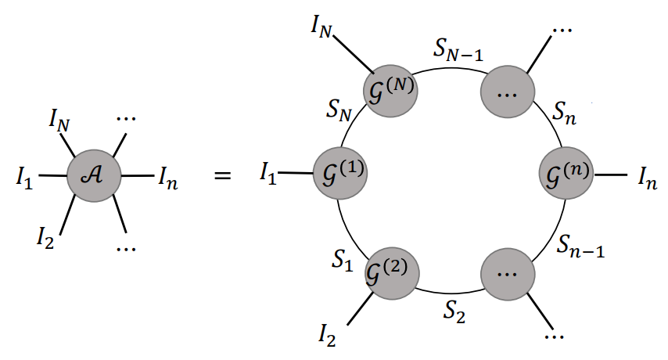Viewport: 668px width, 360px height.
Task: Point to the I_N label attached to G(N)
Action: point(322,31)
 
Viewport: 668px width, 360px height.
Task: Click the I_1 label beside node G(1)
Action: point(268,174)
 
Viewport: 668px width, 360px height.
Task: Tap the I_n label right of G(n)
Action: point(646,181)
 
